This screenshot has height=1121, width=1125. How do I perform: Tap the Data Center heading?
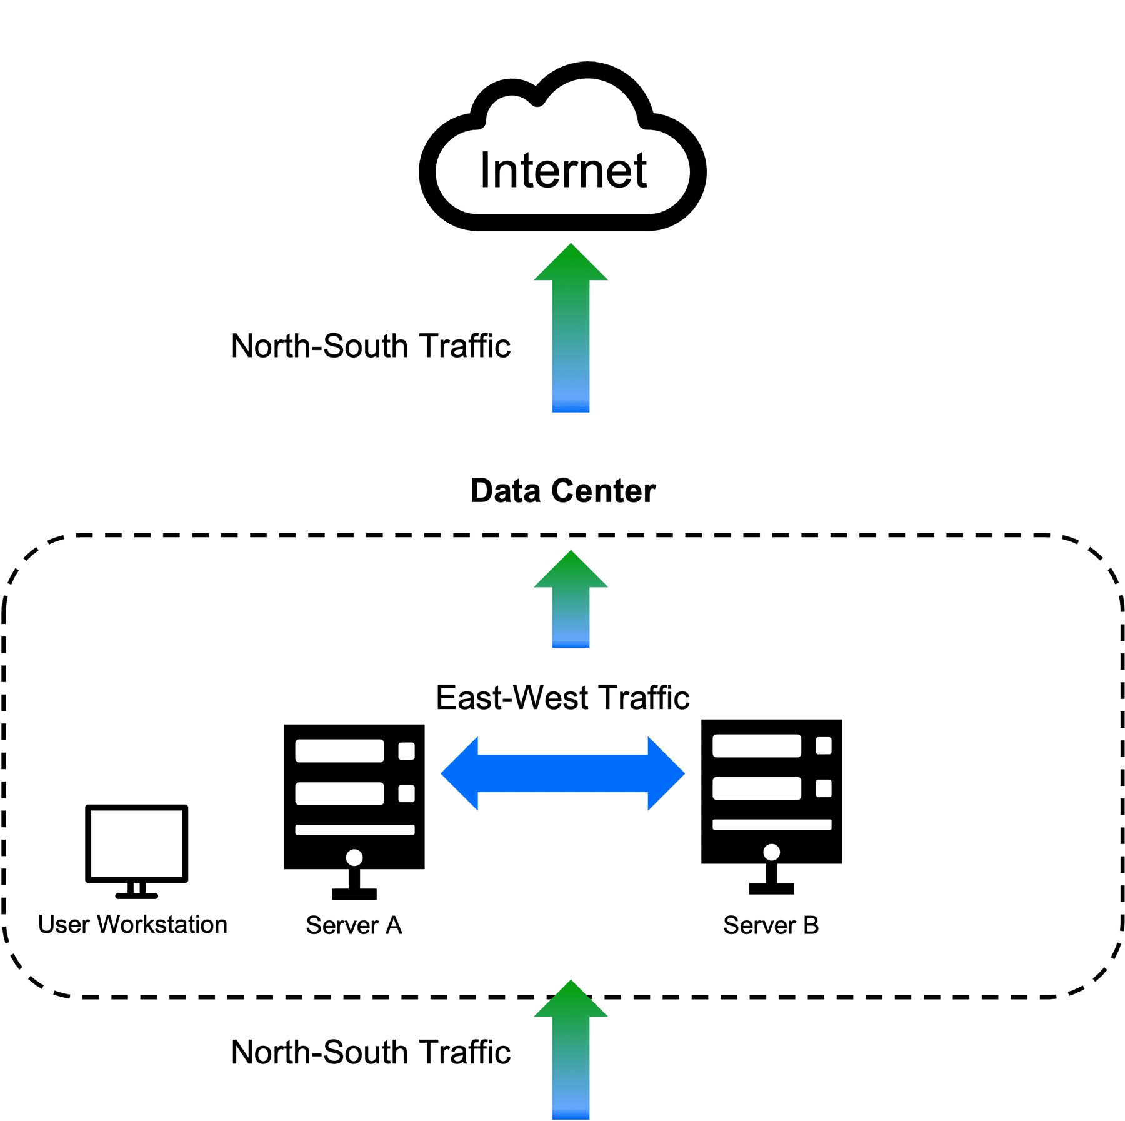(563, 491)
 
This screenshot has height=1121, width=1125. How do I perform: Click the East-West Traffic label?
(562, 698)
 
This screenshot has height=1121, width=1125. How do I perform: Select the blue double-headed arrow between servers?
(562, 773)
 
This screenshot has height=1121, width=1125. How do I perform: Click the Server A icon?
(354, 812)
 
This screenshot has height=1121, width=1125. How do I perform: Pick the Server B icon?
(771, 807)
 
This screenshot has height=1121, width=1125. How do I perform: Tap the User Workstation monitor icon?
(137, 851)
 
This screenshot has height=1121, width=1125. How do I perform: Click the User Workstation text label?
(132, 924)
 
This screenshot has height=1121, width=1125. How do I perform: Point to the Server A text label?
(354, 925)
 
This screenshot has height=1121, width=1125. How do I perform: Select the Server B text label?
(771, 925)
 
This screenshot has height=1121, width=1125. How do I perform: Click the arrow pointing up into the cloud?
(571, 328)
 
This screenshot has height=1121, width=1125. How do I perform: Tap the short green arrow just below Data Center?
(571, 599)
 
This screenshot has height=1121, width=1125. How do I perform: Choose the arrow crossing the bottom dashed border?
(571, 1050)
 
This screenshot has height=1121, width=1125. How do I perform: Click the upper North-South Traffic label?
(371, 346)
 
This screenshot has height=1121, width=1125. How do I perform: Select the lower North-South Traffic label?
(371, 1052)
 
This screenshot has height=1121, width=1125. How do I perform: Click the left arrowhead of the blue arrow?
(460, 773)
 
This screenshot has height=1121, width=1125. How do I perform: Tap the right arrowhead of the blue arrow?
(666, 773)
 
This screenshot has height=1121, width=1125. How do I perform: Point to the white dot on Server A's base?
(354, 857)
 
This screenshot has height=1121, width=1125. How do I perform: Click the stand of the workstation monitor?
(137, 890)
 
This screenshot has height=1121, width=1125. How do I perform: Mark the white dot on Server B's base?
(771, 852)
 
